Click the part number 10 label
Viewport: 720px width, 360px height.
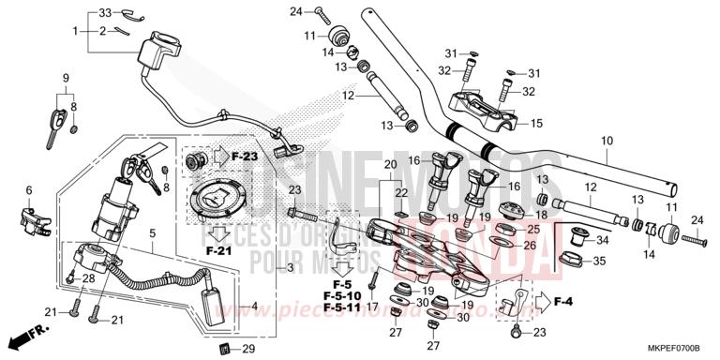point(607,142)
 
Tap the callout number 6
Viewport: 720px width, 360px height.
point(29,190)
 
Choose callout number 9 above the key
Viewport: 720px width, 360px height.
point(67,77)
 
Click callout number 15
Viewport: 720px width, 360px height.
point(537,123)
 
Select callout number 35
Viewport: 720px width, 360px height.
point(601,261)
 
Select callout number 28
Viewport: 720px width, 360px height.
point(88,278)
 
